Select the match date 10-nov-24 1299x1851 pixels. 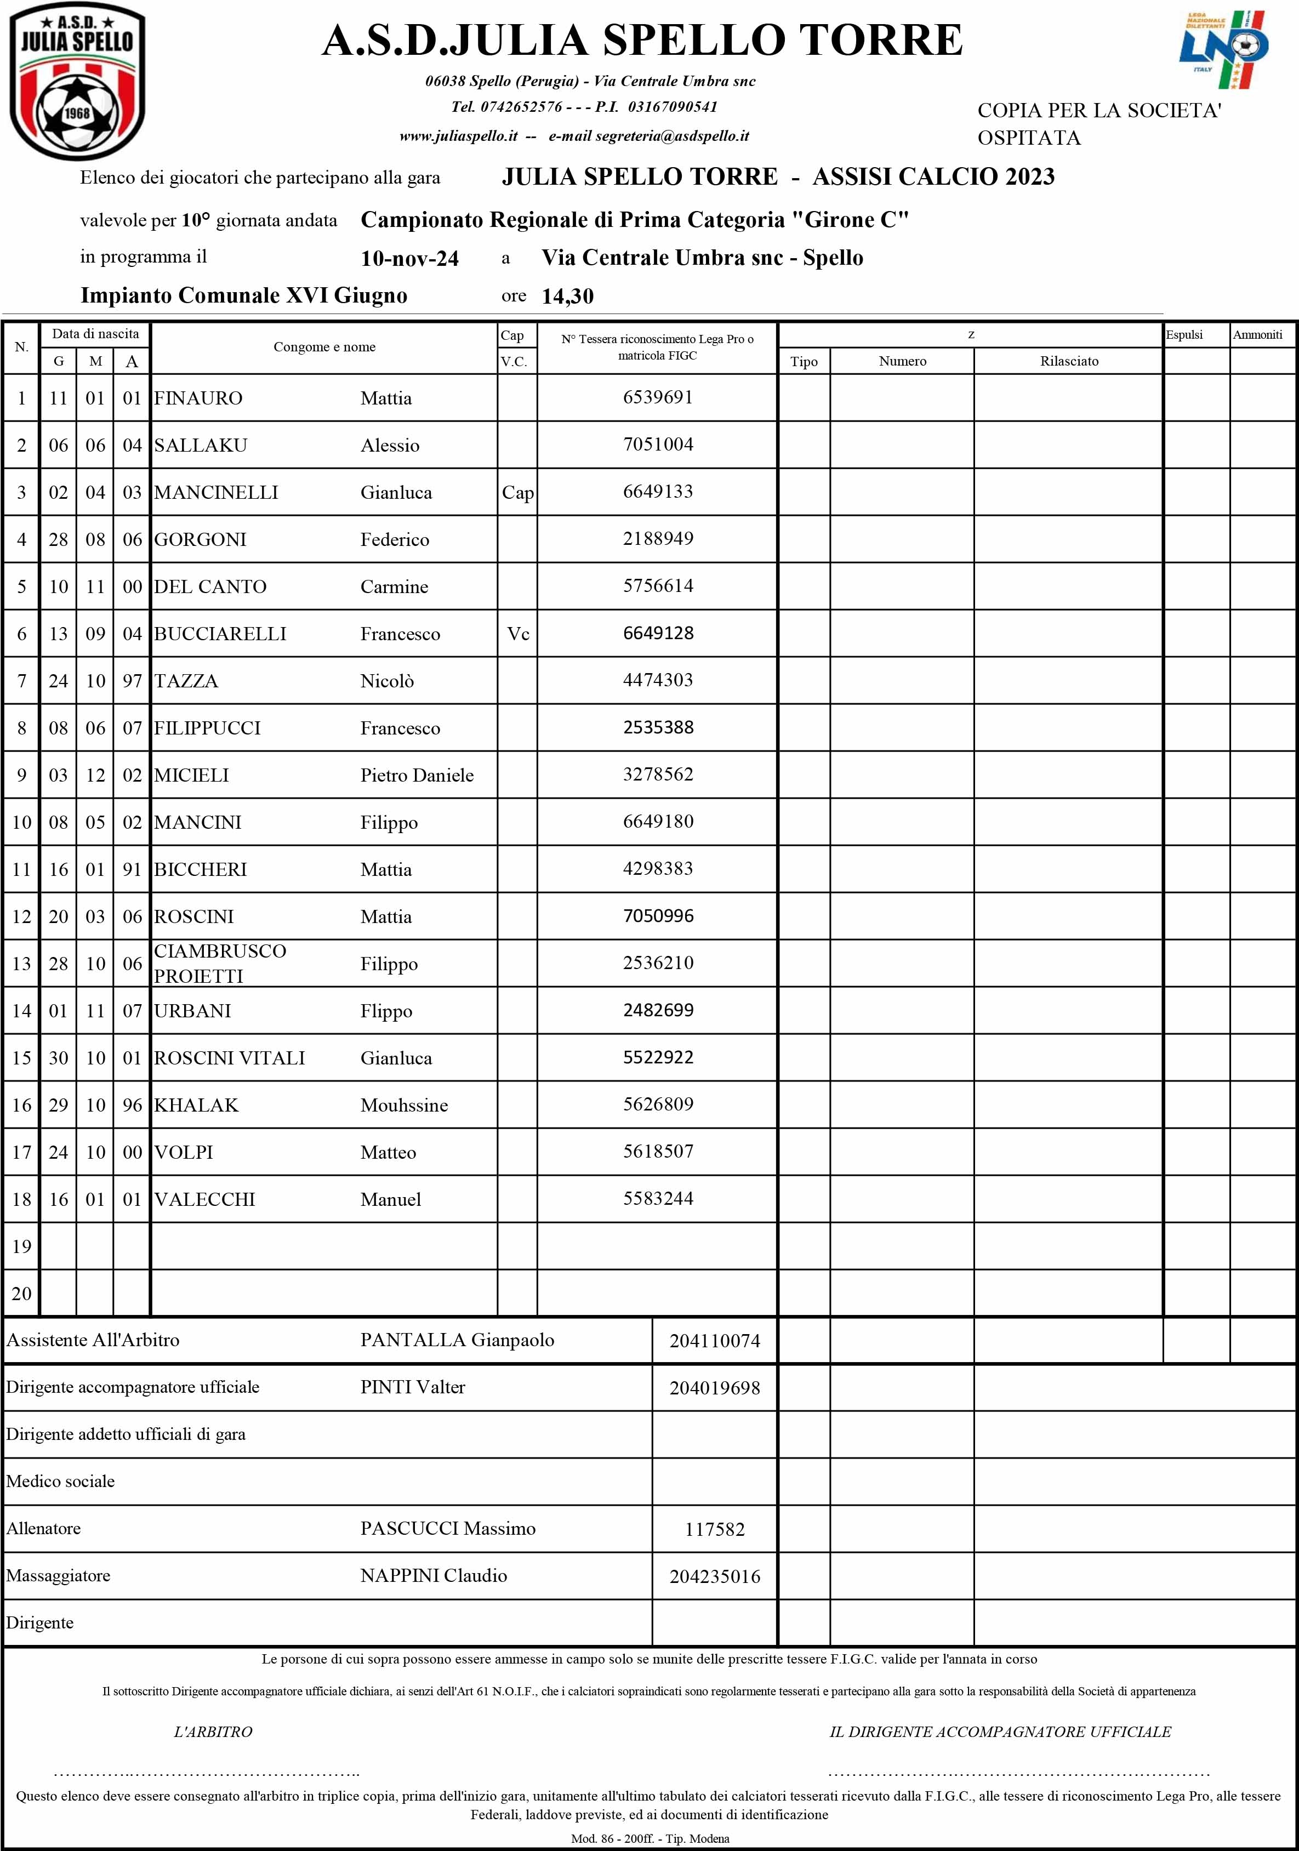(409, 259)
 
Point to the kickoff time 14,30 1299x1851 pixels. (568, 297)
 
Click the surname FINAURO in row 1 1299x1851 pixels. (198, 398)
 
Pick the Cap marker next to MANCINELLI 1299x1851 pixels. (517, 493)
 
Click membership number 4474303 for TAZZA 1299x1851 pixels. (658, 680)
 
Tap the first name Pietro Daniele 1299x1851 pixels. (417, 776)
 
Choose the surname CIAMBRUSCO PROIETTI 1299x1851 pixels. (220, 964)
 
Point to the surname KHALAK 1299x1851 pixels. (197, 1105)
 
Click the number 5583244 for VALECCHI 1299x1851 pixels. (658, 1199)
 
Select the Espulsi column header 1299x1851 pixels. (1184, 334)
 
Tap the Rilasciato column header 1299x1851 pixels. (1069, 361)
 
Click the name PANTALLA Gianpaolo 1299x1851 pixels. (457, 1340)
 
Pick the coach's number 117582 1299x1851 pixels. (714, 1529)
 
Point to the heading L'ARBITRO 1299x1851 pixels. (213, 1732)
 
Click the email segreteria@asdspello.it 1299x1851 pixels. (673, 136)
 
